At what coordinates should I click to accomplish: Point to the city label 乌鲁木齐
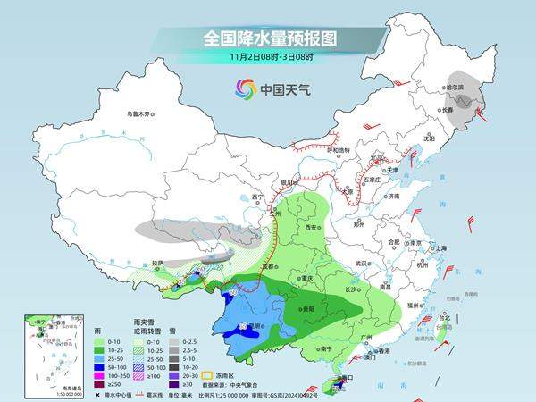(x=140, y=113)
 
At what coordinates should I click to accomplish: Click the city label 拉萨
(x=158, y=263)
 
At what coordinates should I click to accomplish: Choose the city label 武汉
(x=361, y=264)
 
